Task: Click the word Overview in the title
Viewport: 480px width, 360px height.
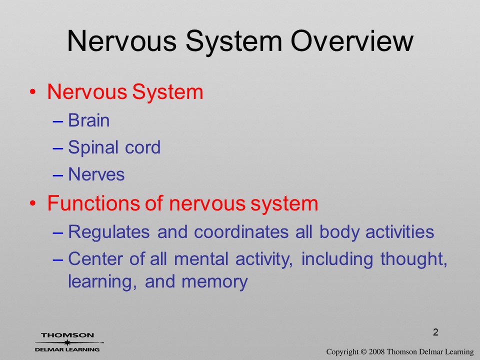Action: [351, 41]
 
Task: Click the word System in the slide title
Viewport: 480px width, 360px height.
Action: [234, 41]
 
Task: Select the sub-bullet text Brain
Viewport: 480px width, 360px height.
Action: [89, 120]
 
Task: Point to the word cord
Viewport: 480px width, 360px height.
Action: [142, 147]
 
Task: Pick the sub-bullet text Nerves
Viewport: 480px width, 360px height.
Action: [96, 174]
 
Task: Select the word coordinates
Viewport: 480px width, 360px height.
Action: [241, 231]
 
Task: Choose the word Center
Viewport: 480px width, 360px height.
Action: [95, 259]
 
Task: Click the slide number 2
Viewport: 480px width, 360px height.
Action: [435, 332]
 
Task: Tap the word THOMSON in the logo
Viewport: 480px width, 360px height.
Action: [67, 335]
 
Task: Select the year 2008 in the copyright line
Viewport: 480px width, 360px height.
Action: [377, 351]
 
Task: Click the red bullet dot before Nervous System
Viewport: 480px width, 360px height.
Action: [33, 92]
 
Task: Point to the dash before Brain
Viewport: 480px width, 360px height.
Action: [58, 121]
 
